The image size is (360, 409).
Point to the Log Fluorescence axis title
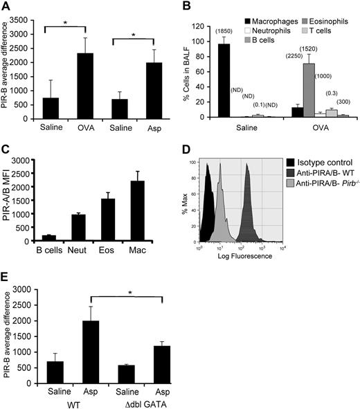238,255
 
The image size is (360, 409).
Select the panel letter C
6,144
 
